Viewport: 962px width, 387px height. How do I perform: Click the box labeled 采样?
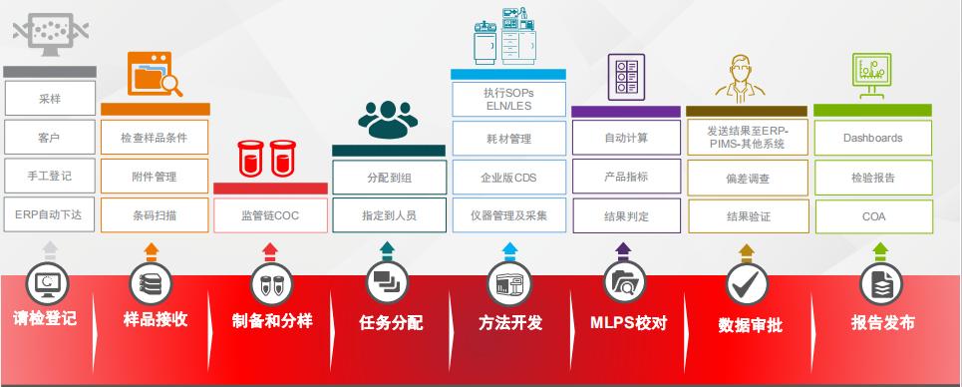coord(50,100)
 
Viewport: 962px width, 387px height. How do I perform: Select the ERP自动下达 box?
coord(50,213)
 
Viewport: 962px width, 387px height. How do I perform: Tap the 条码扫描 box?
coord(154,213)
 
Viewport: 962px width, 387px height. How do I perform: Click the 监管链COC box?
coord(270,213)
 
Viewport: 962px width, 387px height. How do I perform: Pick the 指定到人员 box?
coord(388,213)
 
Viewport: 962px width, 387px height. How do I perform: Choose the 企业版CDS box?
coord(507,177)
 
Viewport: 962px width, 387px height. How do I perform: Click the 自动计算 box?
coord(626,138)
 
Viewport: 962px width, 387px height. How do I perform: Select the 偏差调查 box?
coord(745,177)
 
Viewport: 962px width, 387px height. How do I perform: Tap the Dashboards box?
coord(872,138)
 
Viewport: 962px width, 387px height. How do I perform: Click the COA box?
coord(872,213)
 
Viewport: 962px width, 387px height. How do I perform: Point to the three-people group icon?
coord(388,119)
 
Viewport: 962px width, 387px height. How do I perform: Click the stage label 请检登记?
coord(45,320)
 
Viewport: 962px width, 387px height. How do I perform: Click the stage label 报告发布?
coord(882,322)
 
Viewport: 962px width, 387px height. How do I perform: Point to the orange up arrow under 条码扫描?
coord(152,248)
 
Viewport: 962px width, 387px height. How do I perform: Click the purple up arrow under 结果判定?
coord(625,248)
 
